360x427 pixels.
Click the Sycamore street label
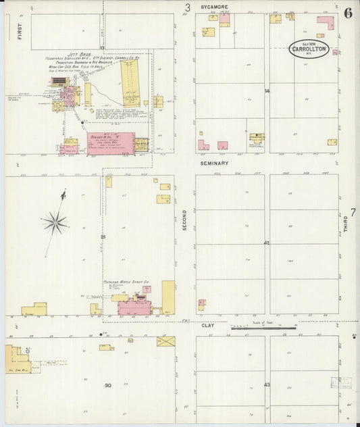point(214,7)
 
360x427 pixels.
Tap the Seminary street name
point(214,164)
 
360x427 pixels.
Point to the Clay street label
point(207,326)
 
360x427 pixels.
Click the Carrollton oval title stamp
point(309,49)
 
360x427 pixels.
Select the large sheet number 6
point(347,13)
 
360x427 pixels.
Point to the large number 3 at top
point(188,8)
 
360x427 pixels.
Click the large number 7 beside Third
point(353,213)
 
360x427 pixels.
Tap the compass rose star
point(55,220)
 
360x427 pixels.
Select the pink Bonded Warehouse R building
point(109,144)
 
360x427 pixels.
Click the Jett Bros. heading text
point(79,53)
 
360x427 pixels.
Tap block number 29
point(103,237)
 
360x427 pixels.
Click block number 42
point(266,243)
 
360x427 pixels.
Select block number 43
point(266,385)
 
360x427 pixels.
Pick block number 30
point(107,385)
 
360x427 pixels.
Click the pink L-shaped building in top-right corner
point(326,23)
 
